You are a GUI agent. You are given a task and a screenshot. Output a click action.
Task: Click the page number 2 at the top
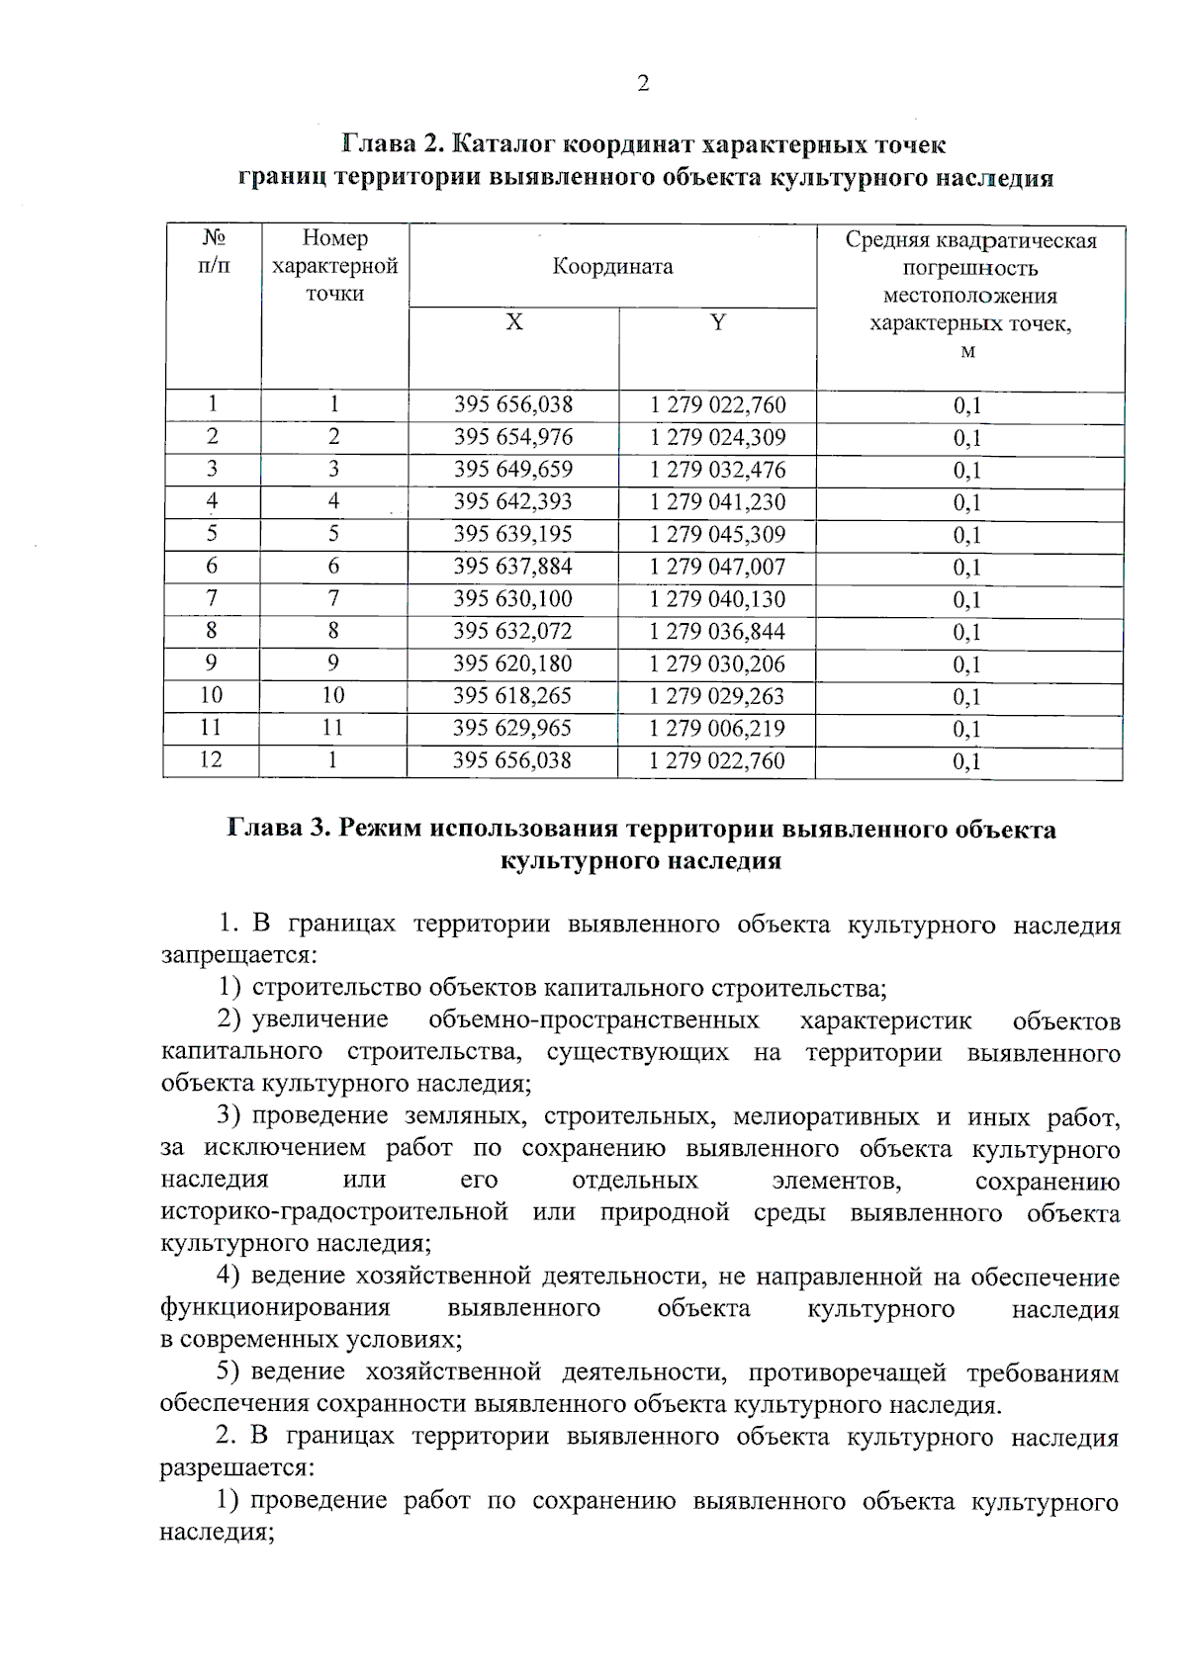coord(643,84)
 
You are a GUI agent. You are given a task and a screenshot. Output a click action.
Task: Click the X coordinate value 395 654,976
coord(512,437)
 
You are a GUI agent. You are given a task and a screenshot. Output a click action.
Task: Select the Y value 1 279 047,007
coord(717,567)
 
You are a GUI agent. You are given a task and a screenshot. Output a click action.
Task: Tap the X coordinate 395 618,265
coord(512,696)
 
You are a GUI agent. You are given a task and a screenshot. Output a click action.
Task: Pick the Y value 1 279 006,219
coord(717,729)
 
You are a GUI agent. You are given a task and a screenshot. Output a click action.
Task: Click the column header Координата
coord(612,267)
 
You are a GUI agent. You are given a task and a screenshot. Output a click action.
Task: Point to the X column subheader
coord(514,323)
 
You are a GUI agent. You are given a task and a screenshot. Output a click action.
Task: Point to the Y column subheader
coord(718,323)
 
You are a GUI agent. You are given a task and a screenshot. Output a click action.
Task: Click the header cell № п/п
coord(213,253)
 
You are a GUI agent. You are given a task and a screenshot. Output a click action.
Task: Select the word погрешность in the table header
coord(969,269)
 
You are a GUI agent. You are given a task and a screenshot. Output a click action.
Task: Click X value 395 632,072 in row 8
coord(512,632)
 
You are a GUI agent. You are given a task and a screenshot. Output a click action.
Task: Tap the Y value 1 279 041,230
coord(717,502)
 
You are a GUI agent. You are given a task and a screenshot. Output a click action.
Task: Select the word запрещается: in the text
coord(238,956)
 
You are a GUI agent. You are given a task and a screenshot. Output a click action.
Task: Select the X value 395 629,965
coord(512,729)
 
